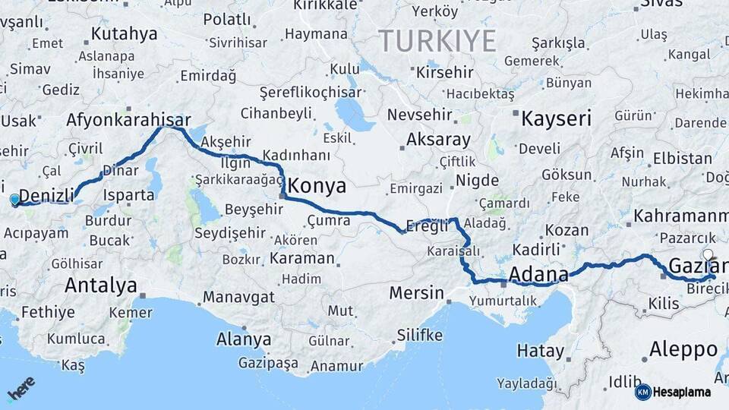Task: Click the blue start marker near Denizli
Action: (x=14, y=200)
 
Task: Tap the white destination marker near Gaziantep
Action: (x=708, y=255)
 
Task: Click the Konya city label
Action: (x=317, y=186)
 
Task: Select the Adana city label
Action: (x=539, y=273)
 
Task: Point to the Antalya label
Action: (x=101, y=285)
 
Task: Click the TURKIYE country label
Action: (x=437, y=40)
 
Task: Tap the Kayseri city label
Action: (x=556, y=118)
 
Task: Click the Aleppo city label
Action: (x=683, y=349)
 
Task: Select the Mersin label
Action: (x=416, y=292)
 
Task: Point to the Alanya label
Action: (x=244, y=339)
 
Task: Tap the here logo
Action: (x=21, y=389)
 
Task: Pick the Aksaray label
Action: (x=438, y=140)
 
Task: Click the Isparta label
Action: (x=129, y=195)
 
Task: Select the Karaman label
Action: (x=301, y=258)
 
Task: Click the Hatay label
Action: (x=541, y=351)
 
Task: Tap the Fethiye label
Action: (x=48, y=312)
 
